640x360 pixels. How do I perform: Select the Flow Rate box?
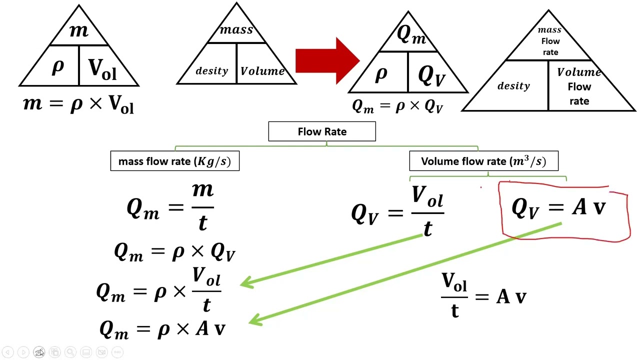(322, 131)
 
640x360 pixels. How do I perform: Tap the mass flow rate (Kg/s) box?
(174, 161)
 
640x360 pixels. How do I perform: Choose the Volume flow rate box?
(483, 161)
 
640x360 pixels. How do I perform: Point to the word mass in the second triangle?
(236, 29)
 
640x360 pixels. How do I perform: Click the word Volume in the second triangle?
(262, 71)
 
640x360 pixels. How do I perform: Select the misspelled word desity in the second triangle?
(211, 71)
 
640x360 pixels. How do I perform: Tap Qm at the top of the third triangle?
(411, 34)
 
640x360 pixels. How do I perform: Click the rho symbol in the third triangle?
(381, 73)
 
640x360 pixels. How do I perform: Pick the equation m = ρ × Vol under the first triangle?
(78, 104)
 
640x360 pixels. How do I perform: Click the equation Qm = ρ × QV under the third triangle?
(397, 106)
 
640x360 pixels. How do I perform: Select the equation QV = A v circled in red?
(558, 207)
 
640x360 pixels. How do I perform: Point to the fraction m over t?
(202, 206)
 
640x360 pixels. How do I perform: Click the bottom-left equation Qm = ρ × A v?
(162, 329)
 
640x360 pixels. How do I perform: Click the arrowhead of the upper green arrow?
(246, 282)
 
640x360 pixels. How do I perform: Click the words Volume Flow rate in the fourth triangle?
(579, 86)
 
